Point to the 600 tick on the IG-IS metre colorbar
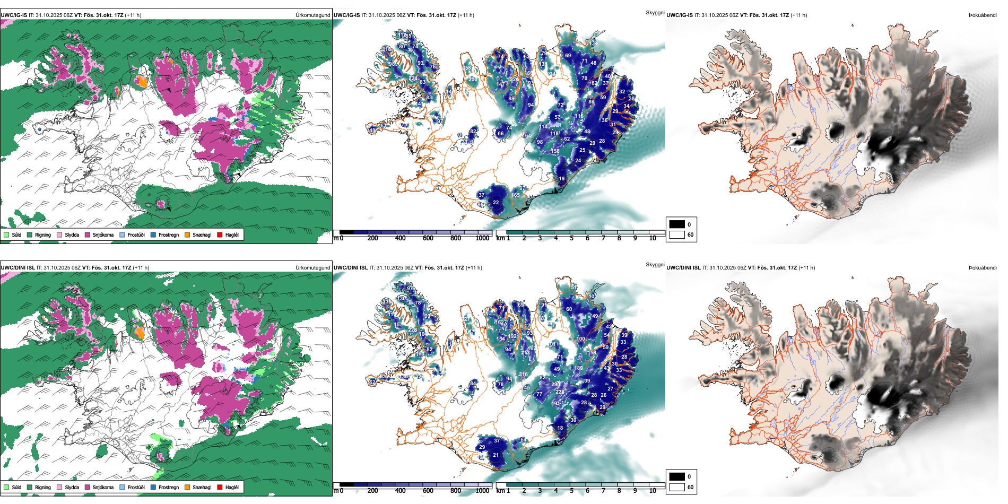[428, 238]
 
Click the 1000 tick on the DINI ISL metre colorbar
[482, 491]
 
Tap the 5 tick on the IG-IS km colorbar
[571, 238]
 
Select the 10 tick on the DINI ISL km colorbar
[653, 491]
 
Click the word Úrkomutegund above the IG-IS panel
[312, 15]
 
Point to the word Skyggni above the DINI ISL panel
[655, 264]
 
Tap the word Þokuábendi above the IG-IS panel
[983, 15]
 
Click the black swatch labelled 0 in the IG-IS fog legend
[677, 224]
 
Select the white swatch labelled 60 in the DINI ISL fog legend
[677, 486]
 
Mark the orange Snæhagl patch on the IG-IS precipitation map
[141, 81]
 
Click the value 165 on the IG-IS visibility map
[516, 195]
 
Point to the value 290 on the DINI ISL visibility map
[555, 385]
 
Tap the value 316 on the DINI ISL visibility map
[524, 375]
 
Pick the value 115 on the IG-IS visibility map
[554, 134]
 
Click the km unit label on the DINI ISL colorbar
[500, 491]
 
